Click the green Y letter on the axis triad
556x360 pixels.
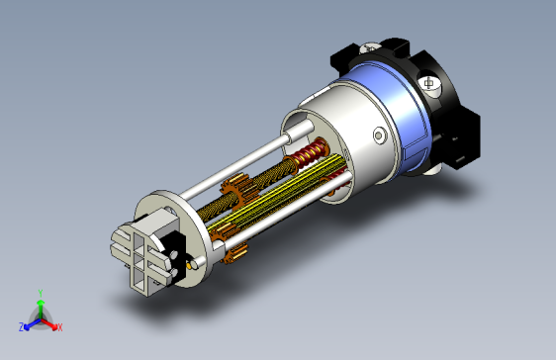[41, 293]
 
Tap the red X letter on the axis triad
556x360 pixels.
[60, 327]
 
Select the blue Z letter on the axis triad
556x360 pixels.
[22, 327]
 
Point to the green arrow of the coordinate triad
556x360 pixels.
[41, 309]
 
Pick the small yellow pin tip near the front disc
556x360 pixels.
[189, 264]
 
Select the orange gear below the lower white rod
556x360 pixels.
[234, 252]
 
